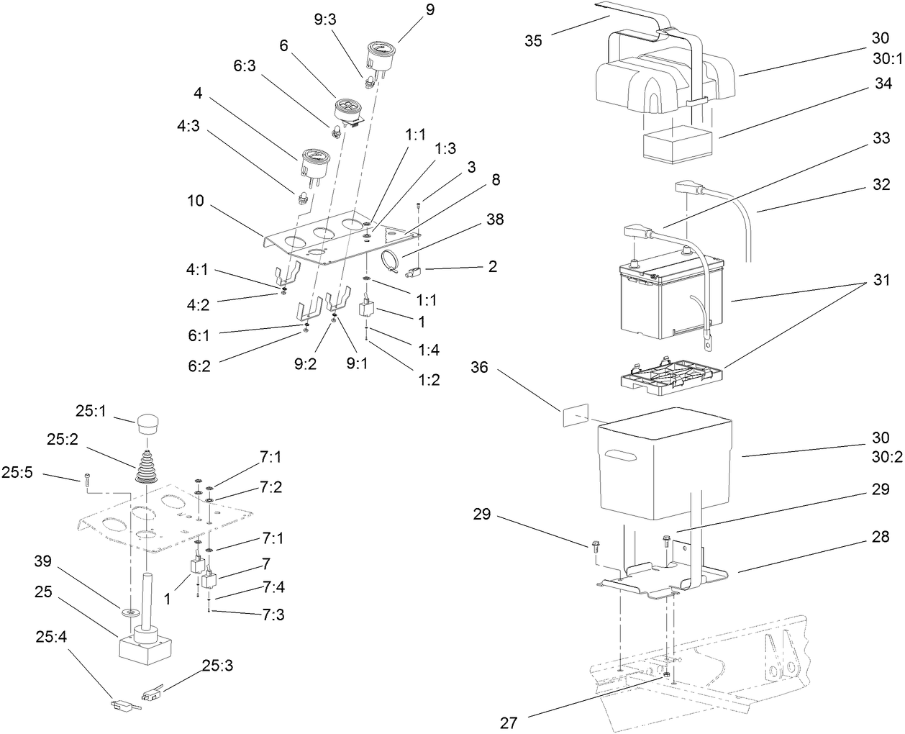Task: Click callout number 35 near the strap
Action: (533, 40)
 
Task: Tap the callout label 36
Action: (479, 368)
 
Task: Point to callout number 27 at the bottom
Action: (509, 722)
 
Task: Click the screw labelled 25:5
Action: (86, 476)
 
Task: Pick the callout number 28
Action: (880, 537)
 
